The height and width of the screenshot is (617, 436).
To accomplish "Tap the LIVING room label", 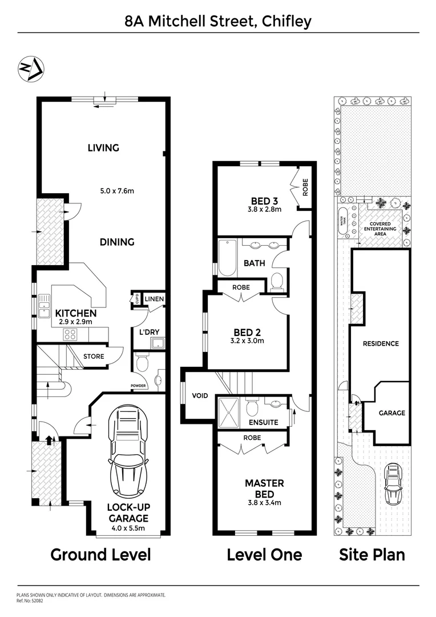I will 103,148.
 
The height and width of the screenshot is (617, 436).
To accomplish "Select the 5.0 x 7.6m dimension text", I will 114,190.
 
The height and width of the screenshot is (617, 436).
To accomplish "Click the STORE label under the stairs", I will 94,356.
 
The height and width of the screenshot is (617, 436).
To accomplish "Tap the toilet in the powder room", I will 142,363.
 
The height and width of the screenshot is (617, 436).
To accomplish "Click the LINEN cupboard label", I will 154,299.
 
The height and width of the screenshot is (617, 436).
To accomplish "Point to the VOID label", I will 200,395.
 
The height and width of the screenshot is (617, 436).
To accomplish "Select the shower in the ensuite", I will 231,409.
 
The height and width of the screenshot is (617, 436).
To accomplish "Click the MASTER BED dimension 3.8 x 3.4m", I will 264,503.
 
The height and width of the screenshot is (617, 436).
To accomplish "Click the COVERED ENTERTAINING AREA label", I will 383,229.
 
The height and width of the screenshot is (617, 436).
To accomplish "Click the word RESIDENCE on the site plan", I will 381,344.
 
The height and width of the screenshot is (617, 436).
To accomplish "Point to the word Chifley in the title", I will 286,22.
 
